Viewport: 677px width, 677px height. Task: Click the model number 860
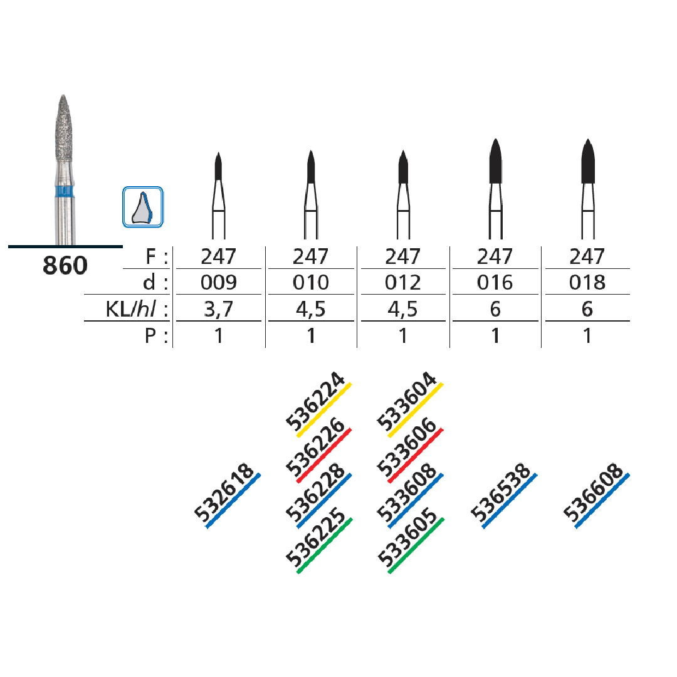pos(65,265)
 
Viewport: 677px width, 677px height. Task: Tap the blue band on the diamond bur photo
pos(65,191)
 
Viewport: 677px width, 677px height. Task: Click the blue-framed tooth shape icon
pos(143,207)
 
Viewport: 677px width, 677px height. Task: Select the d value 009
pos(219,282)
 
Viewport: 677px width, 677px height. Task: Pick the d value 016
pos(495,282)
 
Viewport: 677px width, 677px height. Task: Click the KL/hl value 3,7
pos(219,309)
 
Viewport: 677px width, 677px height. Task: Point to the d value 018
pos(587,282)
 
